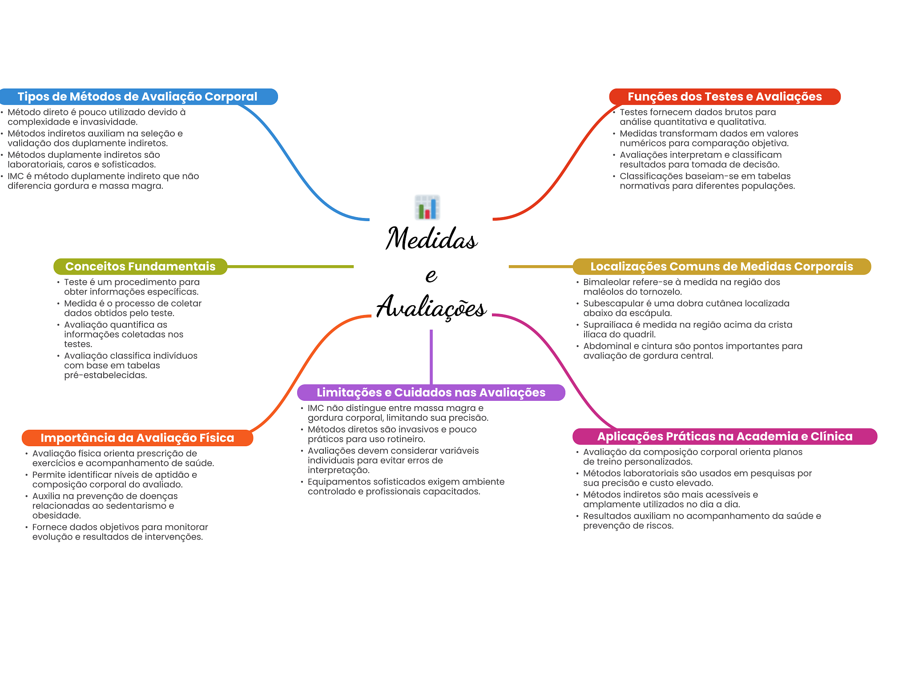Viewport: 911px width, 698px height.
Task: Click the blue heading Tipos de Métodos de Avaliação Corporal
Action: (137, 97)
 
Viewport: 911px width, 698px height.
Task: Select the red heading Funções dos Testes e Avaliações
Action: (725, 97)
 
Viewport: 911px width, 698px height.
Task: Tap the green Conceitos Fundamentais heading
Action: (140, 266)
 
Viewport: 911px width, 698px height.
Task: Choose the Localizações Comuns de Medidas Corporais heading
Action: (722, 266)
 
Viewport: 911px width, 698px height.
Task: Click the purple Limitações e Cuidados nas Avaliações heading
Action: (431, 392)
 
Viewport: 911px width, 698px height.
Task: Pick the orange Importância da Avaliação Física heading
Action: (137, 438)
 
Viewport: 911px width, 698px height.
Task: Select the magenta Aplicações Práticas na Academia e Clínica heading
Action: (725, 436)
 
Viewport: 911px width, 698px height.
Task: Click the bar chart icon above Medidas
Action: (427, 207)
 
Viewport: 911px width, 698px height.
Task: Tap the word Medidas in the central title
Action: (431, 238)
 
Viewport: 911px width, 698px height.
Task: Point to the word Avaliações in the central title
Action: (431, 307)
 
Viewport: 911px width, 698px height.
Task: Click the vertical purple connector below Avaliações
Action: (431, 357)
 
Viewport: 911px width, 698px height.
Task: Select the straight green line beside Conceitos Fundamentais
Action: (290, 266)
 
